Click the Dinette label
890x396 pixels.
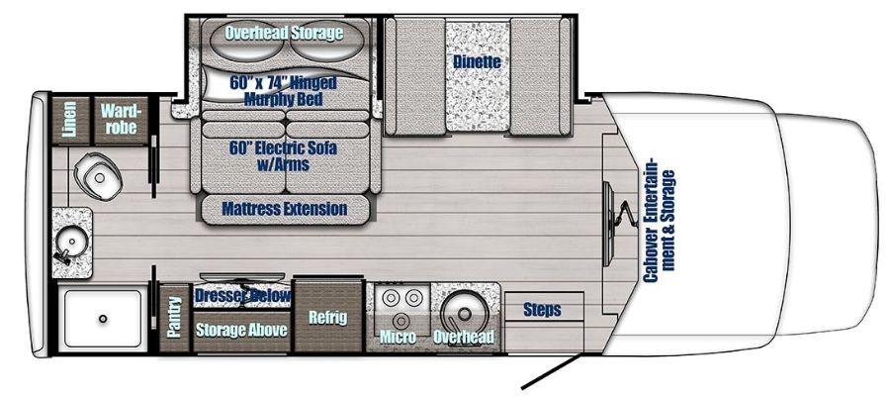click(x=477, y=61)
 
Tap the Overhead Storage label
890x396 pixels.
click(x=284, y=33)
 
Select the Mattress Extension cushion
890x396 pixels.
click(x=285, y=209)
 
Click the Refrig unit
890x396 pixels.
click(x=328, y=316)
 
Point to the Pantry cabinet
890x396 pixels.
click(x=174, y=317)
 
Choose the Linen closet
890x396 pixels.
click(x=70, y=120)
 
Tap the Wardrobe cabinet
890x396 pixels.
click(x=121, y=120)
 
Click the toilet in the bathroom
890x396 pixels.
click(x=98, y=174)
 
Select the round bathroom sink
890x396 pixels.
click(x=70, y=242)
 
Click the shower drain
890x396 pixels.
click(x=103, y=318)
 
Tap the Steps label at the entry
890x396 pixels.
click(x=542, y=310)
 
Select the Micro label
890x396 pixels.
click(x=398, y=337)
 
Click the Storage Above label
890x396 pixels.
click(x=241, y=331)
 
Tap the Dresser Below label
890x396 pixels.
click(x=243, y=296)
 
